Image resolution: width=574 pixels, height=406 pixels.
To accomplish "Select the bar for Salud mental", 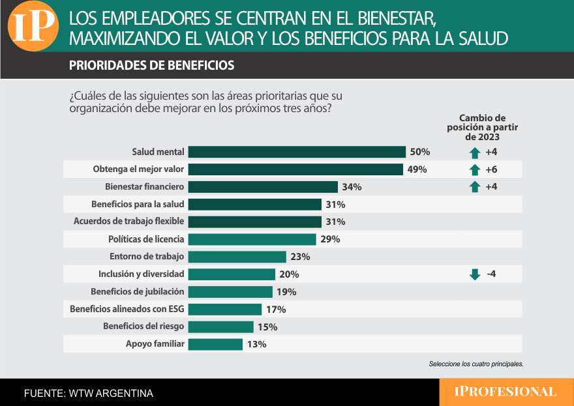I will [297, 152].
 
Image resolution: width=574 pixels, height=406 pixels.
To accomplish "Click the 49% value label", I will [417, 169].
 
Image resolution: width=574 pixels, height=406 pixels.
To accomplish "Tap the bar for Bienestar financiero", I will [263, 187].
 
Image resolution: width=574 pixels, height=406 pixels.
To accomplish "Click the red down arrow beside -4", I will [475, 274].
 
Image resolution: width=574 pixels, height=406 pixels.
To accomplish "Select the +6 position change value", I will [492, 169].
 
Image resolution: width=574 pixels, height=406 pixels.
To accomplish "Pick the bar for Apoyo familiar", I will [215, 344].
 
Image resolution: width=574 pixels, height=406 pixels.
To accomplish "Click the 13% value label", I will [257, 344].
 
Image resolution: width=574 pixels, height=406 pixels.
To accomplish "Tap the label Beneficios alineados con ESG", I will [127, 309].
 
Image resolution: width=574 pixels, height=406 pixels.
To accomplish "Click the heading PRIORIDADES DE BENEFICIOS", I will [151, 66].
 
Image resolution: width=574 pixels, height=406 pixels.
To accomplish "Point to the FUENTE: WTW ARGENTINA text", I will [88, 394].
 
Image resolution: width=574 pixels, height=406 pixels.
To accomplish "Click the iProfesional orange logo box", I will [506, 392].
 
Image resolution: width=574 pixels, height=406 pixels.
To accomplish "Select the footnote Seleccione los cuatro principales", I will [476, 364].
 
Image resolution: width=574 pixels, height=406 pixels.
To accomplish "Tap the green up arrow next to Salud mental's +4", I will [475, 152].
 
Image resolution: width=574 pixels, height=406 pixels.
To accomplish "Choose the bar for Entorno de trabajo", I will [237, 257].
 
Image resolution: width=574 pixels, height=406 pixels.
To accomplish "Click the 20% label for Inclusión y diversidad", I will [289, 274].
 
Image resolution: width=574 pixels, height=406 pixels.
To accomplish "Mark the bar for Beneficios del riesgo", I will [220, 326].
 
